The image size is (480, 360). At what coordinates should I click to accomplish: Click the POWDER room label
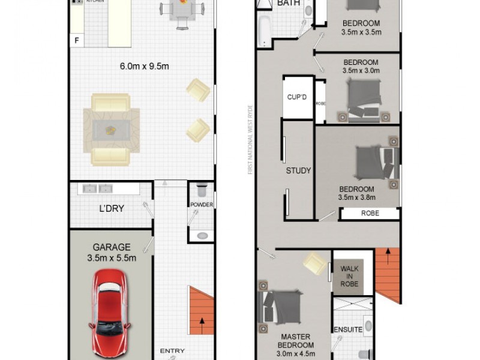(x=202, y=205)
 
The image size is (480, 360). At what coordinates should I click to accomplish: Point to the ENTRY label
(x=172, y=351)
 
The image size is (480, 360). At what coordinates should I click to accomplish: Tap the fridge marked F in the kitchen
(x=76, y=41)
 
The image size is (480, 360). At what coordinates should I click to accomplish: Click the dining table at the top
(x=178, y=11)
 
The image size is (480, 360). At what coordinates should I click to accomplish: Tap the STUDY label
(x=298, y=170)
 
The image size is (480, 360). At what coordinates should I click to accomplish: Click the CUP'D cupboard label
(x=297, y=97)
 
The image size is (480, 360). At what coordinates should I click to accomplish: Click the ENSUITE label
(x=348, y=329)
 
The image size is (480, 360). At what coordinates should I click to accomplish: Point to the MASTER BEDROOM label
(x=295, y=341)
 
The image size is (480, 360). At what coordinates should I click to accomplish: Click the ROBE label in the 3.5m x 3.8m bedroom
(x=370, y=213)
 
